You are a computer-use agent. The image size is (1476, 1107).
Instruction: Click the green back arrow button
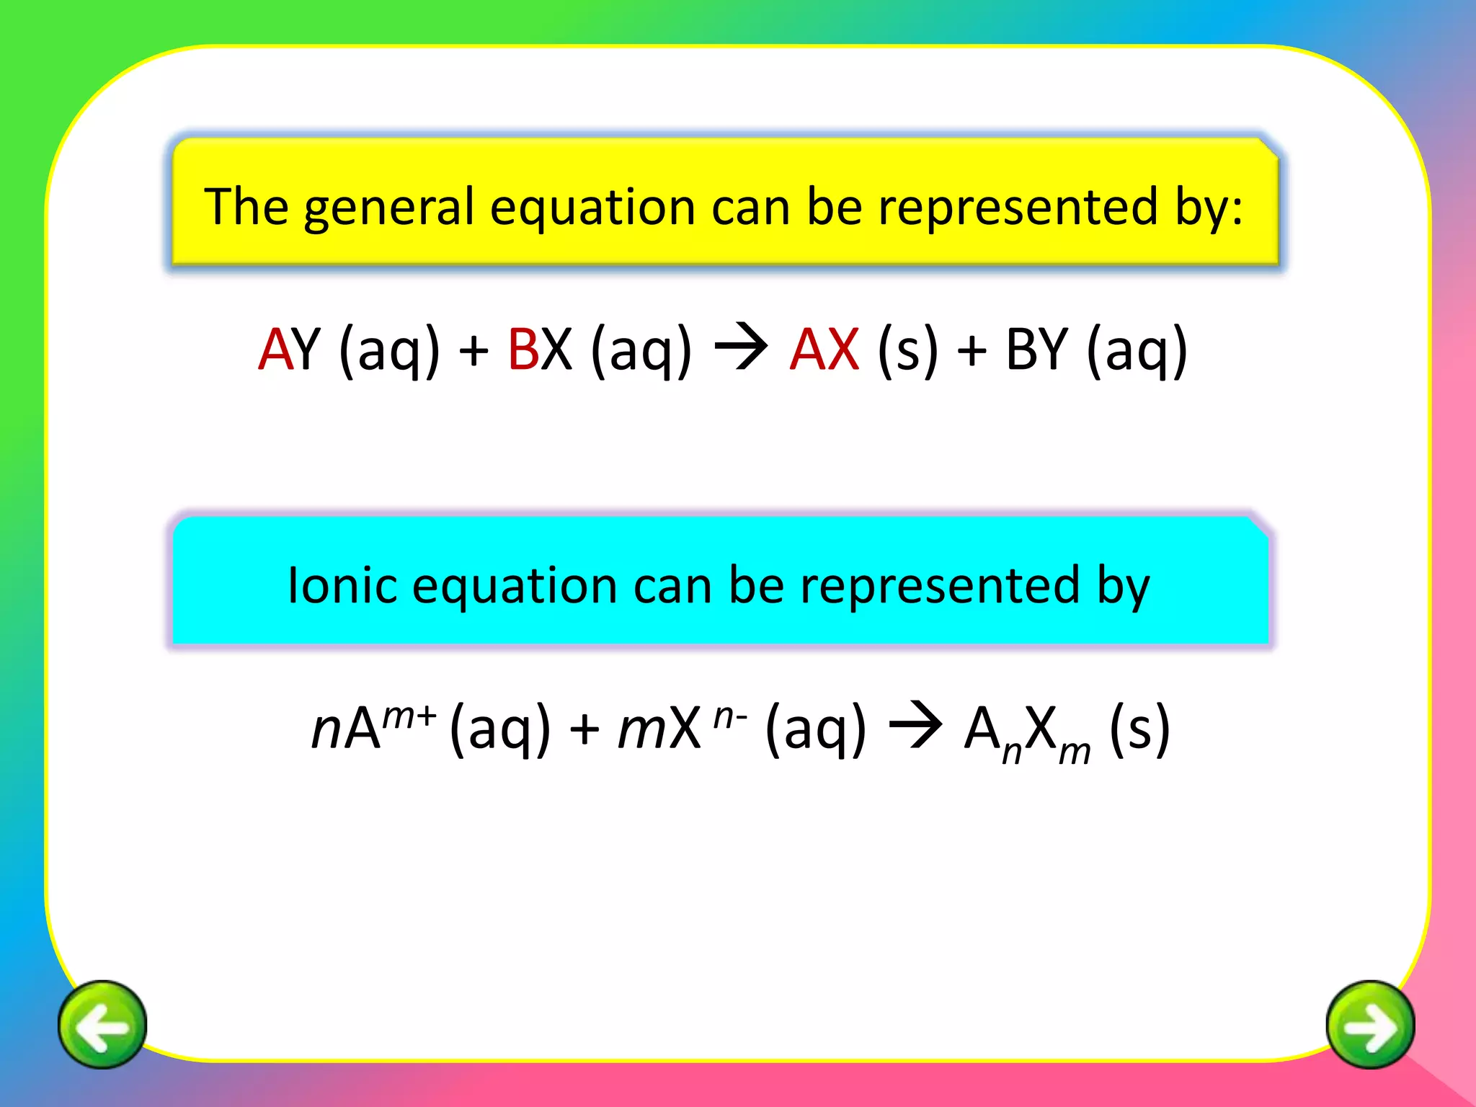tap(102, 1024)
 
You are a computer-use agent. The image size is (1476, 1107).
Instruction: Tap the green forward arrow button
tap(1370, 1024)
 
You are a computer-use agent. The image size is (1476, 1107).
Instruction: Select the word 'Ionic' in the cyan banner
tap(342, 584)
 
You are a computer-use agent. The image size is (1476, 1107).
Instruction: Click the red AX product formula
tap(824, 350)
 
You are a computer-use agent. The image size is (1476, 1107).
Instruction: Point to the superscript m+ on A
tap(409, 715)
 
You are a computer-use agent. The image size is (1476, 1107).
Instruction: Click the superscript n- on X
tap(730, 715)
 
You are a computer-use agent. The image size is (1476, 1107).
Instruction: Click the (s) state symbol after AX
tap(908, 350)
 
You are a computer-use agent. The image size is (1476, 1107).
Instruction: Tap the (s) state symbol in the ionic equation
tap(1139, 728)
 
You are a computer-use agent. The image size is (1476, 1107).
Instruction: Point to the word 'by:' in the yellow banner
tap(1209, 209)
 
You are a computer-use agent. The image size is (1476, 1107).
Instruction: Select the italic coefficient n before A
tap(326, 729)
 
